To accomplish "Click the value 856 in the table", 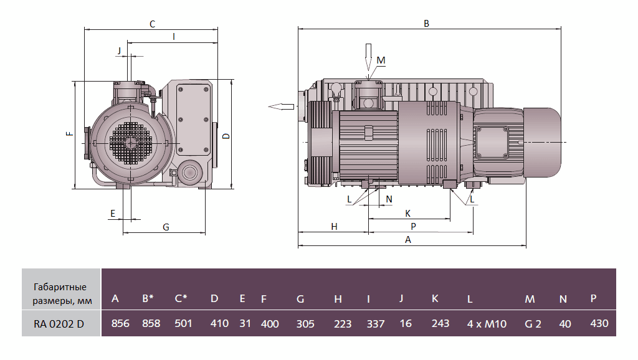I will pos(120,324).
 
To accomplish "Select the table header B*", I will pos(148,299).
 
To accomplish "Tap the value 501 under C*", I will pos(183,324).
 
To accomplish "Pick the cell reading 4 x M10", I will pos(487,324).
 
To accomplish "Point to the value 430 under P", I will pos(598,324).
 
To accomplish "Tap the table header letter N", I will pos(563,299).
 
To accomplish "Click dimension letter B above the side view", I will pos(426,24).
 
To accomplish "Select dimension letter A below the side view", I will pos(408,240).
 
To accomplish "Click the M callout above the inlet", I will pos(381,60).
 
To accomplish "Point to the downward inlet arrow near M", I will pos(368,59).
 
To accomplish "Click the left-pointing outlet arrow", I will pos(281,107).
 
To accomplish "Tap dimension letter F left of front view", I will pos(69,132).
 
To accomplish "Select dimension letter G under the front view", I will pos(166,227).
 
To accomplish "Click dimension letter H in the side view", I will pos(334,227).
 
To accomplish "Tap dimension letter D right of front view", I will pos(226,136).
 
